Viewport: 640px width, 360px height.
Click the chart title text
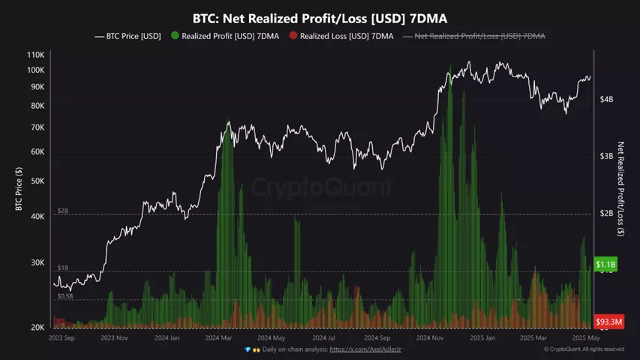point(320,17)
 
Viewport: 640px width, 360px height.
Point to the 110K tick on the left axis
point(35,55)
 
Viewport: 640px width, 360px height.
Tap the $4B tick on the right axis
point(607,99)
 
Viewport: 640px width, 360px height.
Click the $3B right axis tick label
point(607,156)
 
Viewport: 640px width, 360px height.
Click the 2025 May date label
point(584,338)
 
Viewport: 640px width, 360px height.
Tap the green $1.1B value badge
point(605,265)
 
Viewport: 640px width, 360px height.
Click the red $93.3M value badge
point(608,322)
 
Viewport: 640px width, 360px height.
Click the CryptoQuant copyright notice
point(584,349)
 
